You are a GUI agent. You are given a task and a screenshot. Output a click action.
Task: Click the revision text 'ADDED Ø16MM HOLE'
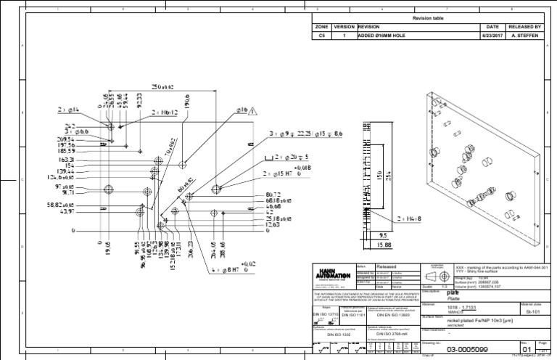(x=384, y=34)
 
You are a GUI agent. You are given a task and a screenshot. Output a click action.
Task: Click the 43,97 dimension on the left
(x=66, y=212)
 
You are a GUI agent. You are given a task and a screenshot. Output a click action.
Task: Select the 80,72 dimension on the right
(x=273, y=195)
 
